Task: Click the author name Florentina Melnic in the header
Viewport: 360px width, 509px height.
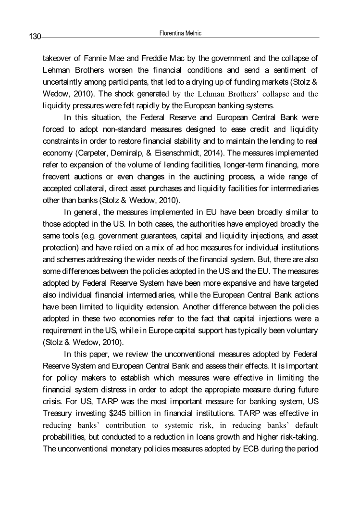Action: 182,33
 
